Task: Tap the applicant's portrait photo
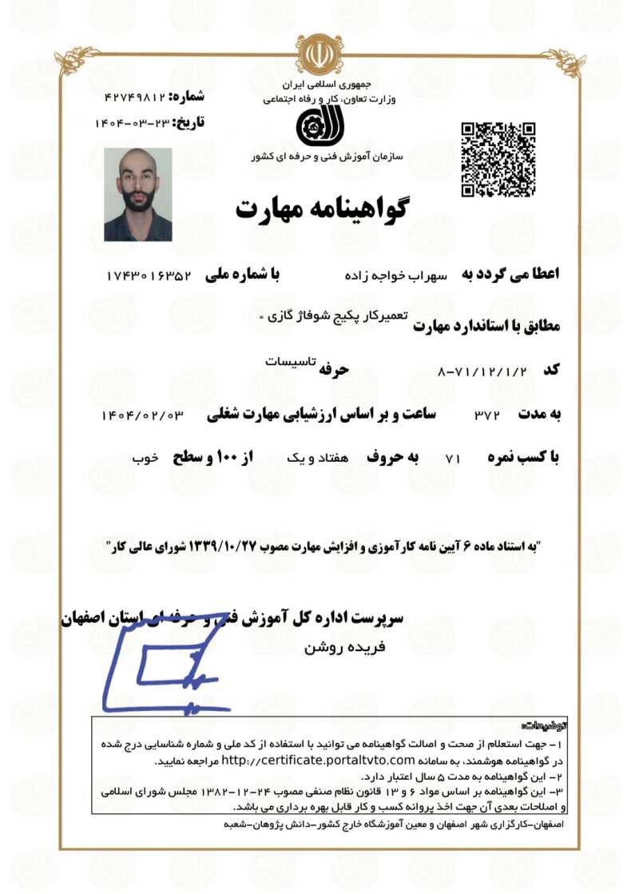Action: pos(138,194)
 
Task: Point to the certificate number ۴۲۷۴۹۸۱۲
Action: pos(134,97)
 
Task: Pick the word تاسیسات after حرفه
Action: pos(286,360)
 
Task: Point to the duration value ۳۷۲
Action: pos(486,415)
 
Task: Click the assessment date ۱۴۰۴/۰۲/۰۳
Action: pos(143,415)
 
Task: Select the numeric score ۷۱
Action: pos(453,459)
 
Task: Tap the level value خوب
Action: pos(145,459)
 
